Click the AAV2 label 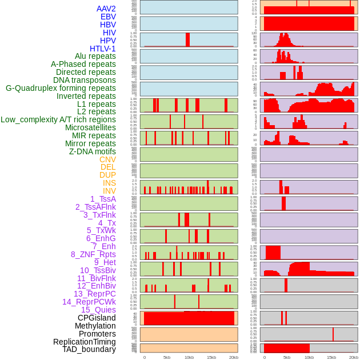pyautogui.click(x=106, y=9)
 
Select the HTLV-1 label pyautogui.click(x=102, y=49)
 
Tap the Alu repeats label pyautogui.click(x=95, y=56)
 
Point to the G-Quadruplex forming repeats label pyautogui.click(x=61, y=88)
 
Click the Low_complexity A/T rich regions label pyautogui.click(x=58, y=119)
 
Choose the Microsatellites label pyautogui.click(x=90, y=127)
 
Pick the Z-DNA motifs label pyautogui.click(x=93, y=151)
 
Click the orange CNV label pyautogui.click(x=107, y=159)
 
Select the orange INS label pyautogui.click(x=109, y=183)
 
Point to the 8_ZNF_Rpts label pyautogui.click(x=93, y=254)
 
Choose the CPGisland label pyautogui.click(x=97, y=318)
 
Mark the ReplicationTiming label pyautogui.click(x=84, y=342)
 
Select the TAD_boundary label pyautogui.click(x=89, y=349)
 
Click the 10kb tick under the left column pyautogui.click(x=189, y=358)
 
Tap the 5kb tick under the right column pyautogui.click(x=287, y=358)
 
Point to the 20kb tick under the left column pyautogui.click(x=234, y=358)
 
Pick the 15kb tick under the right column pyautogui.click(x=331, y=358)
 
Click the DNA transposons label pyautogui.click(x=85, y=80)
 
